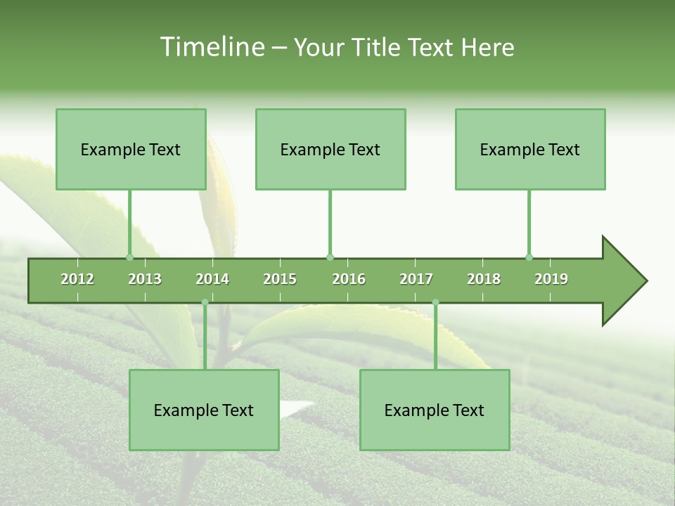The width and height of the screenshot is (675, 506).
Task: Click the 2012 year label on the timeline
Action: [77, 279]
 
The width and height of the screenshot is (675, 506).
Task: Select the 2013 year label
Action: [145, 279]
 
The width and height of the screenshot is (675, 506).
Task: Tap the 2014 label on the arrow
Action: [212, 279]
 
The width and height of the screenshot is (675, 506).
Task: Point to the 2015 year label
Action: [280, 279]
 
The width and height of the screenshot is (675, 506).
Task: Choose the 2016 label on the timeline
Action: [349, 279]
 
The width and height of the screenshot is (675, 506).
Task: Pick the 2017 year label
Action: [416, 279]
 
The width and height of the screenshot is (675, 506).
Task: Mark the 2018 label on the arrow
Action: [484, 279]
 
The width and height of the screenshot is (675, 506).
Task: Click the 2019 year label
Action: [551, 279]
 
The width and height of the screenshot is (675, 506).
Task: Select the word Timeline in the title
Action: [211, 47]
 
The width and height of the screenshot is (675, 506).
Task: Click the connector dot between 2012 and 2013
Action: [129, 257]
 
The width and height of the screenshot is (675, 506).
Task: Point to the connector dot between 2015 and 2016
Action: [330, 257]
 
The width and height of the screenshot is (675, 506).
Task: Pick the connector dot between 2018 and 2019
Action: [529, 257]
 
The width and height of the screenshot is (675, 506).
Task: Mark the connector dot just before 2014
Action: [205, 302]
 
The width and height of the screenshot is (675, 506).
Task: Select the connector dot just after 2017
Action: [435, 302]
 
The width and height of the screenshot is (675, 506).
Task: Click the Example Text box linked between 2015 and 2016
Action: [330, 149]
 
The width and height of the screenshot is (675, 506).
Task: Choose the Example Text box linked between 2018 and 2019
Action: [529, 149]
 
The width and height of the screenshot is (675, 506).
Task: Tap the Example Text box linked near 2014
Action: [204, 410]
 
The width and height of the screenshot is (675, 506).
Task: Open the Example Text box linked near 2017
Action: [434, 410]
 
